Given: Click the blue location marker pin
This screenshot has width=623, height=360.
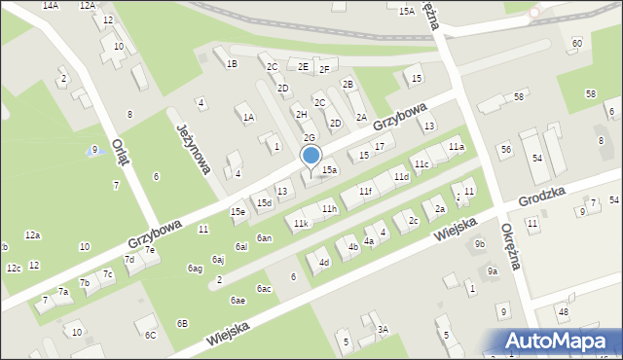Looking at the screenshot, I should pyautogui.click(x=311, y=156).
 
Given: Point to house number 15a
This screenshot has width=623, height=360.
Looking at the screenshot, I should pyautogui.click(x=330, y=170).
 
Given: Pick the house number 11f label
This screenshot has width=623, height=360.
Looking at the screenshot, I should pyautogui.click(x=365, y=192).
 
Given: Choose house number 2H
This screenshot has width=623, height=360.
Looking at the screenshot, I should pyautogui.click(x=302, y=115).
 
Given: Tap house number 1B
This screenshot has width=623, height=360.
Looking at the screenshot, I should pyautogui.click(x=232, y=64).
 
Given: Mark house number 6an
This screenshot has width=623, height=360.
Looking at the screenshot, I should pyautogui.click(x=264, y=238).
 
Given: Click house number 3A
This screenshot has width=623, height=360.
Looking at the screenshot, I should pyautogui.click(x=383, y=330).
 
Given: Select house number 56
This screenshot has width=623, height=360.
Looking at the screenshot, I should pyautogui.click(x=505, y=149).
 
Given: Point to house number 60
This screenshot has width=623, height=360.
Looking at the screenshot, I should pyautogui.click(x=577, y=44).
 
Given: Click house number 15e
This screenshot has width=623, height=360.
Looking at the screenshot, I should pyautogui.click(x=238, y=211).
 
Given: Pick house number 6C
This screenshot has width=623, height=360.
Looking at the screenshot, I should pyautogui.click(x=150, y=335).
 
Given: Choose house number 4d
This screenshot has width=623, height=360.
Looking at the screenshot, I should pyautogui.click(x=324, y=262).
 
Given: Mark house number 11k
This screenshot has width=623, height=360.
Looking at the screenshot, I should pyautogui.click(x=302, y=224).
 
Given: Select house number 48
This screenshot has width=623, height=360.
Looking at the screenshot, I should pyautogui.click(x=563, y=311).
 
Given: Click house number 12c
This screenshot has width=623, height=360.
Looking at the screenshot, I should pyautogui.click(x=13, y=269).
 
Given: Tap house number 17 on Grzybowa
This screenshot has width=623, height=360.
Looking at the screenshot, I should pyautogui.click(x=380, y=146).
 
